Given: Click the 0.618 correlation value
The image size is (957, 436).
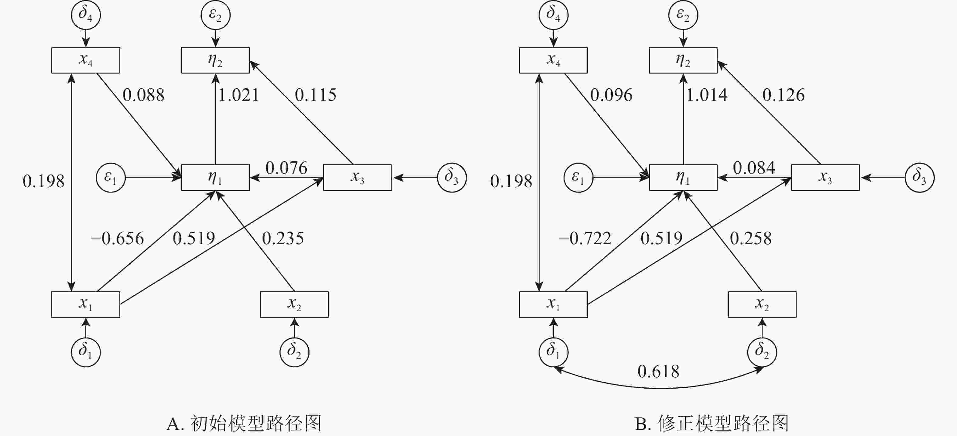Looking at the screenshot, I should point(658,371).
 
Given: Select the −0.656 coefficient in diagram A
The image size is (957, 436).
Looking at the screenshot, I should point(117,239).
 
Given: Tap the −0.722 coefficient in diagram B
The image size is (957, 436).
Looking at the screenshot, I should point(585,239).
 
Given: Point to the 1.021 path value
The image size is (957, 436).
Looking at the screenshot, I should point(238,95).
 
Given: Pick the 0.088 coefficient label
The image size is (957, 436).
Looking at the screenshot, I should point(143,95).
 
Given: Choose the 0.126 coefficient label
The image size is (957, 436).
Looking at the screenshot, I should point(784,95).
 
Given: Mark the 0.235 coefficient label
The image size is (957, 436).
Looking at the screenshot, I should point(283,239).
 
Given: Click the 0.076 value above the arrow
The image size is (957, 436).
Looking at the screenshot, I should point(286,168).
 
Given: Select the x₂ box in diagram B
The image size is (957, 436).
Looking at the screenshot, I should point(762,304).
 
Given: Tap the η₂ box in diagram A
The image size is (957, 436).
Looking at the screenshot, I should point(215,60).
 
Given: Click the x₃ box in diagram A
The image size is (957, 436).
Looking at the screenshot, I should point(357,177).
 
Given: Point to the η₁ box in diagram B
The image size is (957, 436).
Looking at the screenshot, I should point(683,177).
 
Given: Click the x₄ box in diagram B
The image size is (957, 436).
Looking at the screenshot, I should point(553,60).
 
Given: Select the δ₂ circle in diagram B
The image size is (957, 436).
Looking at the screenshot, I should point(762,352).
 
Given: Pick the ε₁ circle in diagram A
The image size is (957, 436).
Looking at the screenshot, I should point(111,177).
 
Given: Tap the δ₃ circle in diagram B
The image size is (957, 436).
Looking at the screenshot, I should point(919,177).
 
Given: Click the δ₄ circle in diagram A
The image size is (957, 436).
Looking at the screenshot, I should point(86,15).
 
